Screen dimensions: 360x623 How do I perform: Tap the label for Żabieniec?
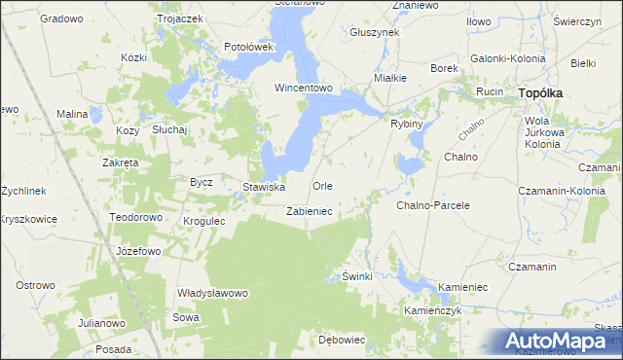tap(310, 210)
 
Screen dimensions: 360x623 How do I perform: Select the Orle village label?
tap(322, 185)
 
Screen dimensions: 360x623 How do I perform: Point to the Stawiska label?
tap(263, 186)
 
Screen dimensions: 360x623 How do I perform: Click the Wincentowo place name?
tap(304, 88)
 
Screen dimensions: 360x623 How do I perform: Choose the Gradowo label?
tap(61, 18)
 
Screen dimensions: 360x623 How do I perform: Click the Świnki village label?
tap(357, 276)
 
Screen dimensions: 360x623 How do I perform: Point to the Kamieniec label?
tap(462, 290)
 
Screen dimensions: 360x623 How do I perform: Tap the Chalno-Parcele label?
tap(433, 205)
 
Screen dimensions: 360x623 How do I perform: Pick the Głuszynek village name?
tap(374, 32)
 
